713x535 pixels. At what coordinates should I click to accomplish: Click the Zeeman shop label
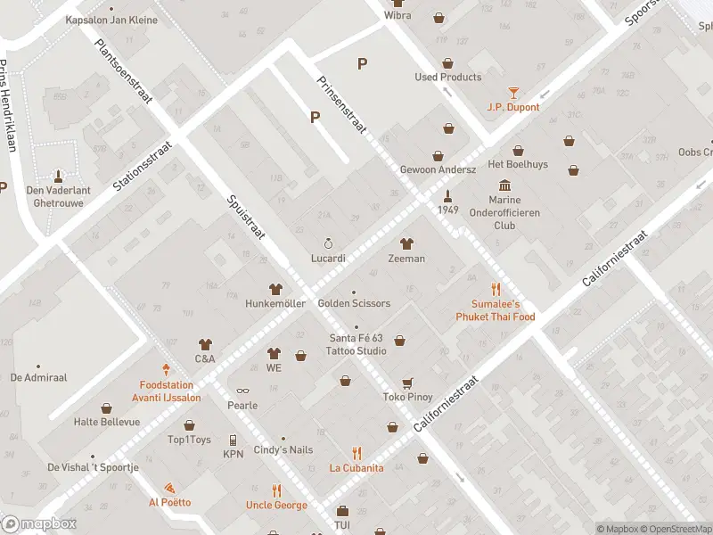(406, 259)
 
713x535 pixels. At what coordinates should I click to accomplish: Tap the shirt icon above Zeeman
(406, 243)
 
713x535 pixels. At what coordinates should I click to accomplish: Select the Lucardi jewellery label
(328, 258)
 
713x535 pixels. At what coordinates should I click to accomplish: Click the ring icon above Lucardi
(328, 243)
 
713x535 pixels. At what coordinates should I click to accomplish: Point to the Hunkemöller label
(275, 303)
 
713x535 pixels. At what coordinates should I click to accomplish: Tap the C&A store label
(205, 358)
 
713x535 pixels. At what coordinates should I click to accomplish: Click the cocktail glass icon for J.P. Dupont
(513, 92)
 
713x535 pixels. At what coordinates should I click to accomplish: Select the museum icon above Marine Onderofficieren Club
(505, 185)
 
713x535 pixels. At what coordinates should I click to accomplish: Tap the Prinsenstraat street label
(342, 104)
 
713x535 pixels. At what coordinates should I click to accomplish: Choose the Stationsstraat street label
(142, 165)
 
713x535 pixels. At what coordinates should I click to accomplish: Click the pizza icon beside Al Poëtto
(169, 488)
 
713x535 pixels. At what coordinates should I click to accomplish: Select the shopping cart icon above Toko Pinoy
(407, 383)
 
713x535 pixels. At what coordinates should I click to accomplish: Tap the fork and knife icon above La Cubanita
(356, 453)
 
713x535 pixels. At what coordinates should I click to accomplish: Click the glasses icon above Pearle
(242, 391)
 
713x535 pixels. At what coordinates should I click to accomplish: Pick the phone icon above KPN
(233, 440)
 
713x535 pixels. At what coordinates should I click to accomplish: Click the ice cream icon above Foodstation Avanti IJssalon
(166, 368)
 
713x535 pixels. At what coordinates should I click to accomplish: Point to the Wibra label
(397, 15)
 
